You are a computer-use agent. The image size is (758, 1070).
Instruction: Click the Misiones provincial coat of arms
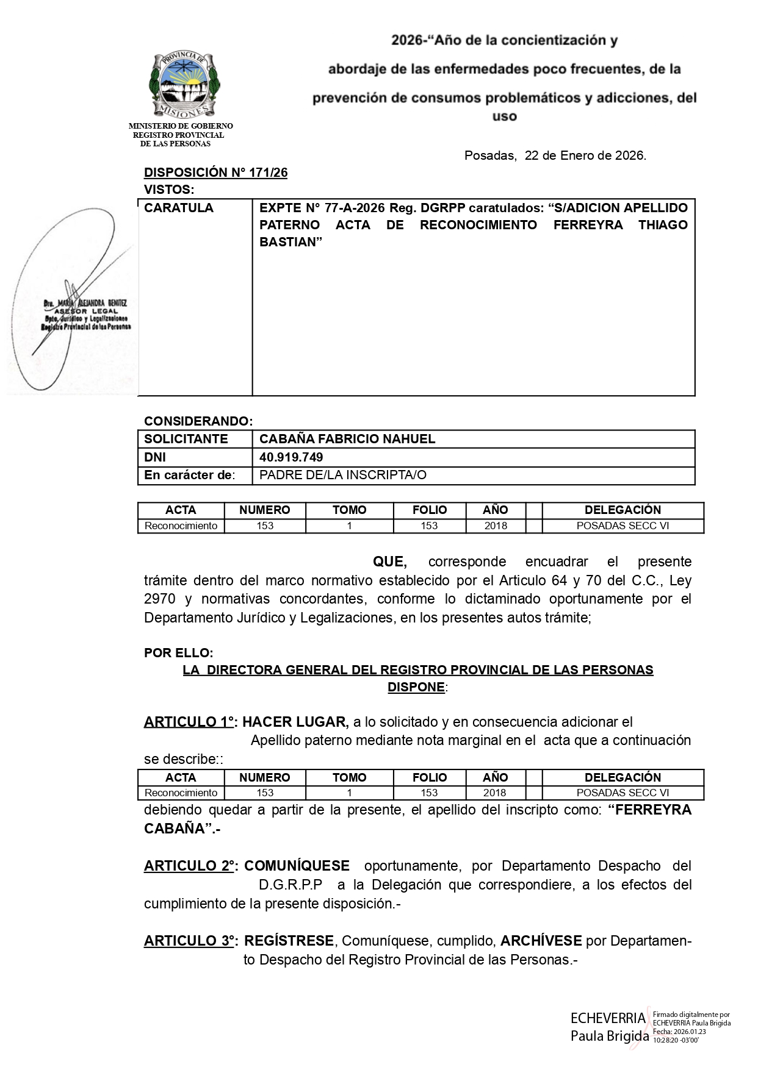click(x=184, y=85)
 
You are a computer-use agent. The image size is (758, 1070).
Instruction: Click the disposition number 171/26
click(x=267, y=173)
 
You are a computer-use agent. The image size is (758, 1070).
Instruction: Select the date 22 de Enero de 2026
click(x=584, y=155)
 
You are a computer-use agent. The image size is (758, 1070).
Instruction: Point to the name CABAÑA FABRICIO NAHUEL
click(x=347, y=439)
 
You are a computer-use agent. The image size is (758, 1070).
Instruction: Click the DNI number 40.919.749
click(x=291, y=457)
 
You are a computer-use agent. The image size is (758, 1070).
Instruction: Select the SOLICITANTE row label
click(x=186, y=439)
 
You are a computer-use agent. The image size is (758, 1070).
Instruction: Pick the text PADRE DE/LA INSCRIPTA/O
click(x=343, y=476)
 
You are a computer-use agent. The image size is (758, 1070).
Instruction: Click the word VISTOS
click(x=168, y=190)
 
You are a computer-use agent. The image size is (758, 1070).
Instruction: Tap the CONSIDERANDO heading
click(x=198, y=421)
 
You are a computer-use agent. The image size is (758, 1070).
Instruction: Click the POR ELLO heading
click(x=178, y=653)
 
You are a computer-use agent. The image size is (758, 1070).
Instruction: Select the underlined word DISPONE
click(x=416, y=687)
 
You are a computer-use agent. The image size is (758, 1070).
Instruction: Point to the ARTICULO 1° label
click(x=190, y=722)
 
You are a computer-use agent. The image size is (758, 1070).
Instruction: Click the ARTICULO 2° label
click(x=190, y=866)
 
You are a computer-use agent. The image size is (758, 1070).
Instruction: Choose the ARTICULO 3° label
click(x=190, y=941)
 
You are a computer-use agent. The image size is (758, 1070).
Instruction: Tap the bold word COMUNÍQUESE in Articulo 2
click(x=297, y=866)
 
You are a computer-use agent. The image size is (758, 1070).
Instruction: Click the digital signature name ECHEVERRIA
click(x=607, y=1018)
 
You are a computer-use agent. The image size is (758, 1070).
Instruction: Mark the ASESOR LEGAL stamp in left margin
click(x=87, y=311)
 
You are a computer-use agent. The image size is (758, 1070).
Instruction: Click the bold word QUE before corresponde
click(x=389, y=562)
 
